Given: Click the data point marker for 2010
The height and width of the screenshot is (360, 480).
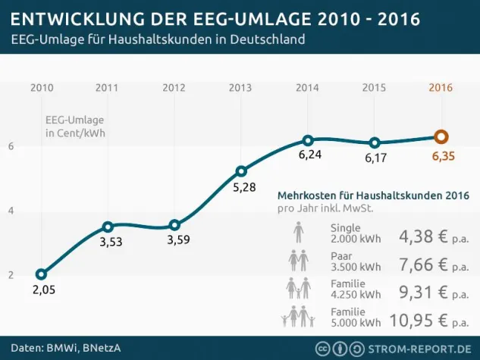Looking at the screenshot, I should [x=41, y=274].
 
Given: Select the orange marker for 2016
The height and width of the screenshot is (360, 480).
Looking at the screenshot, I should [x=441, y=136].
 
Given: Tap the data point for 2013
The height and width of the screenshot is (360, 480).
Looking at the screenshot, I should [x=241, y=171].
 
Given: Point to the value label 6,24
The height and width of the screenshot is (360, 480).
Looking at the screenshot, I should [x=308, y=155].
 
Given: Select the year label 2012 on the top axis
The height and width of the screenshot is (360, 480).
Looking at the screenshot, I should [x=174, y=87].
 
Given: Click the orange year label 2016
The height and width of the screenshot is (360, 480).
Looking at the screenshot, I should [x=441, y=87].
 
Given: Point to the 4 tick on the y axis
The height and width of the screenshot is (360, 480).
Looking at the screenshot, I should [x=11, y=210].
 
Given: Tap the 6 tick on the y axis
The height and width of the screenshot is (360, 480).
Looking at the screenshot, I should [x=11, y=146].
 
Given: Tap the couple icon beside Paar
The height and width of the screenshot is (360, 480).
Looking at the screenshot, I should [x=298, y=261].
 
